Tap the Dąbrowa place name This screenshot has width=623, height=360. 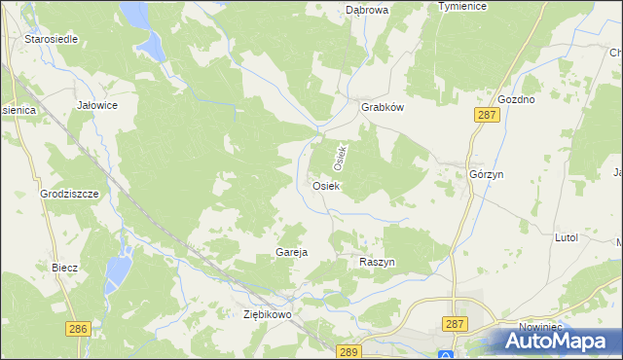367,10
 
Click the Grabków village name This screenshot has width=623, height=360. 382,108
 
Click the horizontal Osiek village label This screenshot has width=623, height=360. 325,186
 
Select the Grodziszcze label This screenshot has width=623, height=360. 70,194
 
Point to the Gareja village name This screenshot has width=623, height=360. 291,252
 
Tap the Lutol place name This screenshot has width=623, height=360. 566,237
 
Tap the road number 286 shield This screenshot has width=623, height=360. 79,329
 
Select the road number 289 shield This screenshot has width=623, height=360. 348,350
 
